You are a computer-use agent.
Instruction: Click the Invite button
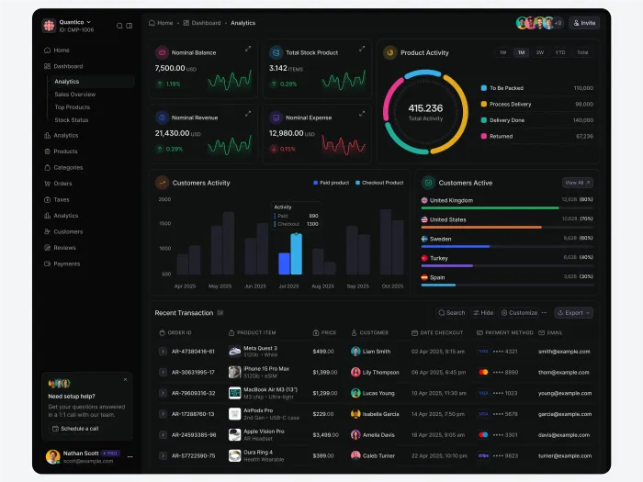click(584, 23)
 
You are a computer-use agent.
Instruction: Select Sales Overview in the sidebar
click(74, 95)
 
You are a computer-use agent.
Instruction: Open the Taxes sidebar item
click(62, 199)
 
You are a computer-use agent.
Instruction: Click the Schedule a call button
click(75, 429)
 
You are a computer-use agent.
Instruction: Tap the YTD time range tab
click(560, 53)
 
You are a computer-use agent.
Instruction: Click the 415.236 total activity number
click(425, 107)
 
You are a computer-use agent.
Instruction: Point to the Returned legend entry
click(502, 136)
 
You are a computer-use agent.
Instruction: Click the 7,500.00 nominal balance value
click(170, 69)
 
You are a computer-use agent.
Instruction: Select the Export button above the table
click(573, 313)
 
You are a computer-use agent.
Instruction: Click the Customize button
click(519, 313)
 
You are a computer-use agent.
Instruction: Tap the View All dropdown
click(577, 183)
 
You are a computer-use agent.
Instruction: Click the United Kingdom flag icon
click(424, 200)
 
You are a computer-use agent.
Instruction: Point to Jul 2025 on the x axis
click(288, 286)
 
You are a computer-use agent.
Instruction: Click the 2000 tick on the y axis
click(164, 199)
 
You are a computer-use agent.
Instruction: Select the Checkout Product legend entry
click(380, 183)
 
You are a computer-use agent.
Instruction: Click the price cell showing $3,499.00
click(323, 435)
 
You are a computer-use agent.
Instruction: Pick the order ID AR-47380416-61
click(193, 352)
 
